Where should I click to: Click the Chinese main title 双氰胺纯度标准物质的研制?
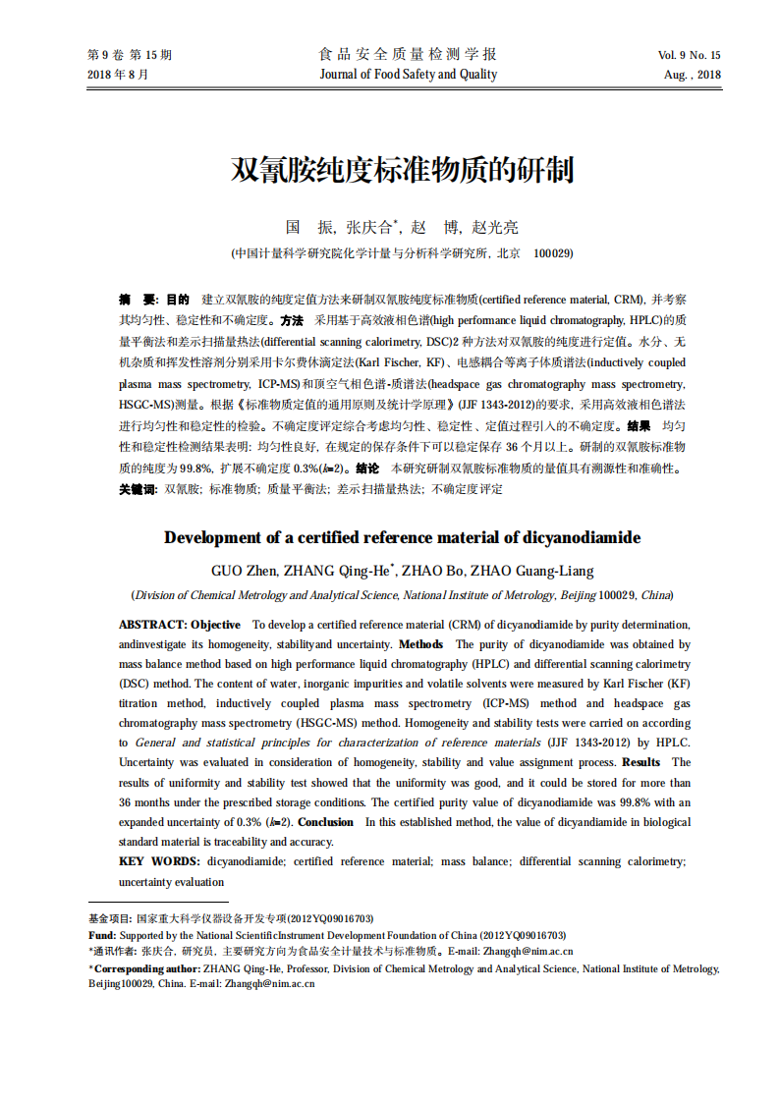[402, 171]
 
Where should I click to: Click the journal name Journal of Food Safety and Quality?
[408, 75]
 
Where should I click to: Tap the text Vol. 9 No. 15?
[689, 55]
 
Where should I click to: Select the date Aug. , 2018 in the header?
[692, 75]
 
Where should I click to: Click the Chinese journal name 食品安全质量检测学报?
[408, 54]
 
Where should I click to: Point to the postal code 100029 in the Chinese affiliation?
[553, 252]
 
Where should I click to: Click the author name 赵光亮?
[495, 227]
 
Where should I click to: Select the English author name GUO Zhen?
[244, 571]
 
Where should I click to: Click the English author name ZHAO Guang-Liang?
[531, 571]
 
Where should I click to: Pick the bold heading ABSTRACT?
[152, 625]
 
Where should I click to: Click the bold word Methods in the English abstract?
[420, 644]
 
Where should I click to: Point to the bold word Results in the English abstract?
[641, 762]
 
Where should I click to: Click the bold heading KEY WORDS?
[158, 861]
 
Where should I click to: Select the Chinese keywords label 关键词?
[137, 488]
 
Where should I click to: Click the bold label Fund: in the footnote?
[102, 935]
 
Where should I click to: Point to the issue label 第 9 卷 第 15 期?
[131, 55]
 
